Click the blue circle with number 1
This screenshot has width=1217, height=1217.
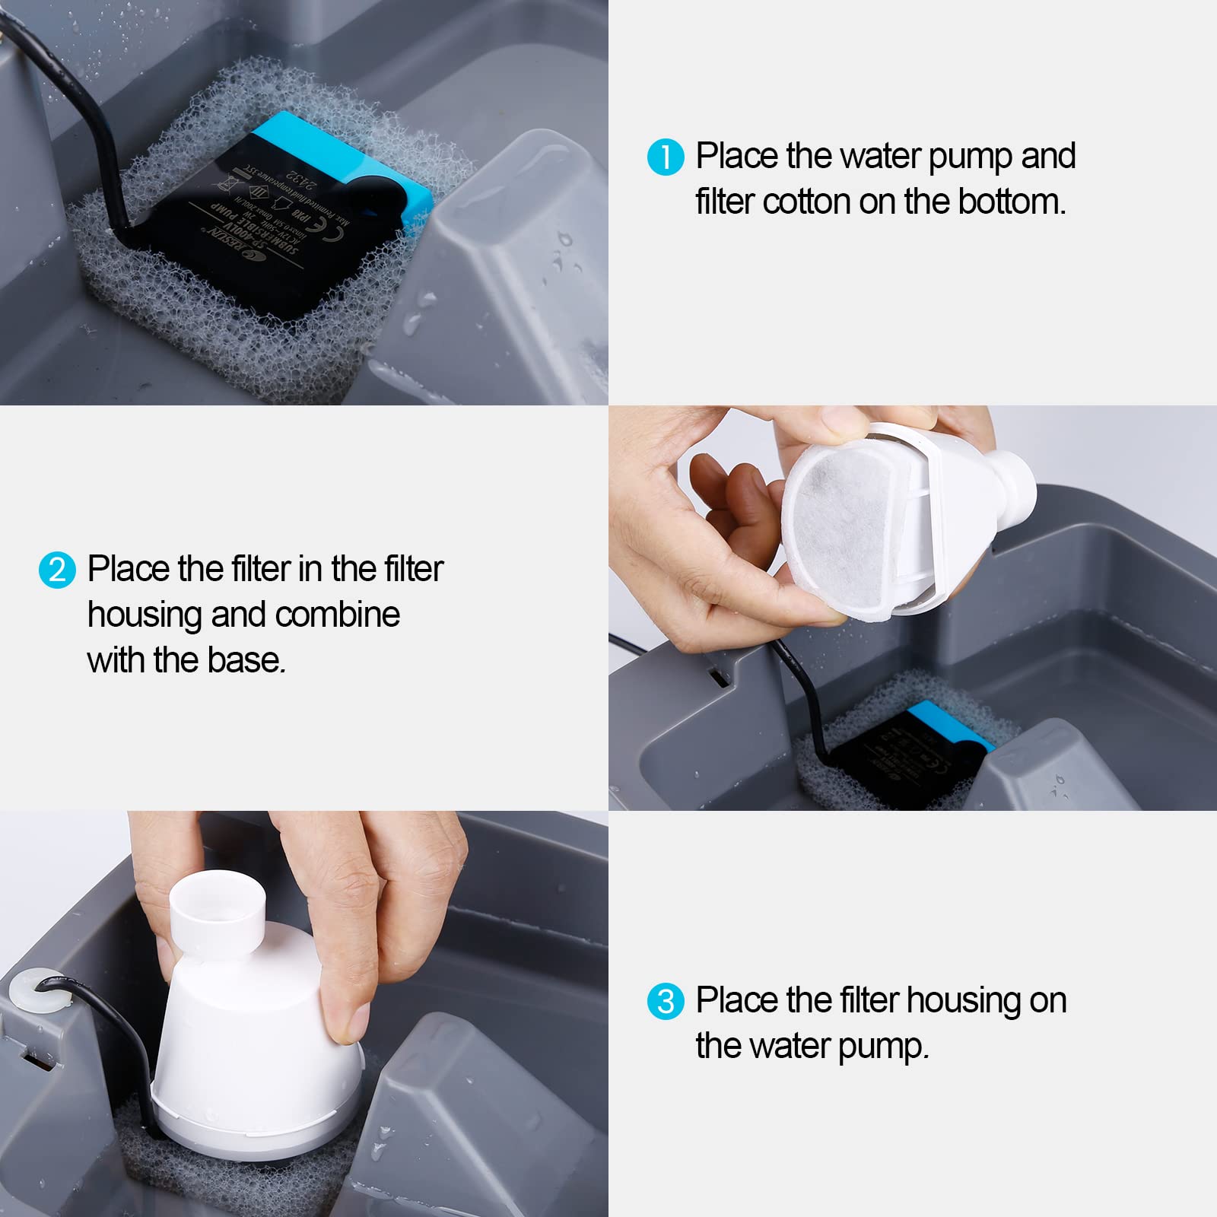pos(666,157)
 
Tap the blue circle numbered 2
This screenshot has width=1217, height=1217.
pos(57,570)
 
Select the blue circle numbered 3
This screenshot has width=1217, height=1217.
pos(666,1001)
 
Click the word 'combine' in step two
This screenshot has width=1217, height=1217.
pos(337,615)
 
